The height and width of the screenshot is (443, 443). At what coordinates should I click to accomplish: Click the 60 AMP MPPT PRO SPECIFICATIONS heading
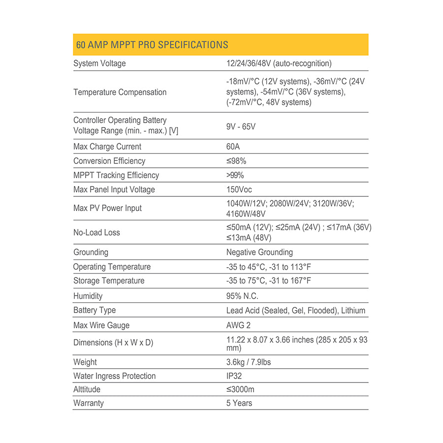152,45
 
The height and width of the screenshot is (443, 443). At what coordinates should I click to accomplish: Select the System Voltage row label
99,63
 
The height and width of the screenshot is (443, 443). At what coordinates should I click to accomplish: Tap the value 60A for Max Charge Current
233,147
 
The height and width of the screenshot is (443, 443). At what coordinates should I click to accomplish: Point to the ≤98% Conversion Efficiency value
236,161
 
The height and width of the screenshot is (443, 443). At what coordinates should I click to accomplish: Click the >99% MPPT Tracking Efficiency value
235,175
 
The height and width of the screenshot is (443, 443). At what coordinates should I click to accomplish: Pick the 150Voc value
239,190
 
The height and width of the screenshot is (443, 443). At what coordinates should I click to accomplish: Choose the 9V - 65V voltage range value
241,127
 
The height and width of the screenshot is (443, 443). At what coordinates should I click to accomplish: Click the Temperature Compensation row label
120,92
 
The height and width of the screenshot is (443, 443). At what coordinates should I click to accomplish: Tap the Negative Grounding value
259,252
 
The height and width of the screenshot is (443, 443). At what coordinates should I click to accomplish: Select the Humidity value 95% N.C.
242,296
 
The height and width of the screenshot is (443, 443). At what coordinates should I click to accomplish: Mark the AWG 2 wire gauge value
239,325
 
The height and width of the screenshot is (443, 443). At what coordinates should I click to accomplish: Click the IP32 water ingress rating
234,376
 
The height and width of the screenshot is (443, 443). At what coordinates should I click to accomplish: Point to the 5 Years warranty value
239,403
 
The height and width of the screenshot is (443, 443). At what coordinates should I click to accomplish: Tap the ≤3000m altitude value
240,389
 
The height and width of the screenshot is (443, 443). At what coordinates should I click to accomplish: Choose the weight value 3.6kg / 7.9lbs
249,362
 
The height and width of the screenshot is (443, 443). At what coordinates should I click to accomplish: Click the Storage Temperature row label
109,281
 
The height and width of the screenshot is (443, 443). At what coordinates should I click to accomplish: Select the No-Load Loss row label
96,232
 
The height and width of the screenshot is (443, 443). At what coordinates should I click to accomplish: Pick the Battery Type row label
95,310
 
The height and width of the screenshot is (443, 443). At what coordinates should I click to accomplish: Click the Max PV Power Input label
107,208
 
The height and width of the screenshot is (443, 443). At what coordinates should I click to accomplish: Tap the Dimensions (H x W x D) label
113,343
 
